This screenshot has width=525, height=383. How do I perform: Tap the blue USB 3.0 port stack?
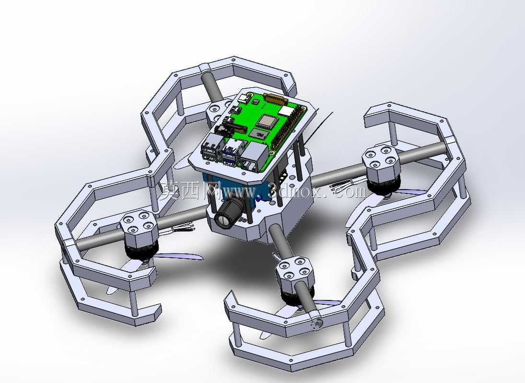point(232,150)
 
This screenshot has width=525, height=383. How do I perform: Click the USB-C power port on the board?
point(244,98)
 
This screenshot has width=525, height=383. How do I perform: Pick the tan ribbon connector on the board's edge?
point(276,99)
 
